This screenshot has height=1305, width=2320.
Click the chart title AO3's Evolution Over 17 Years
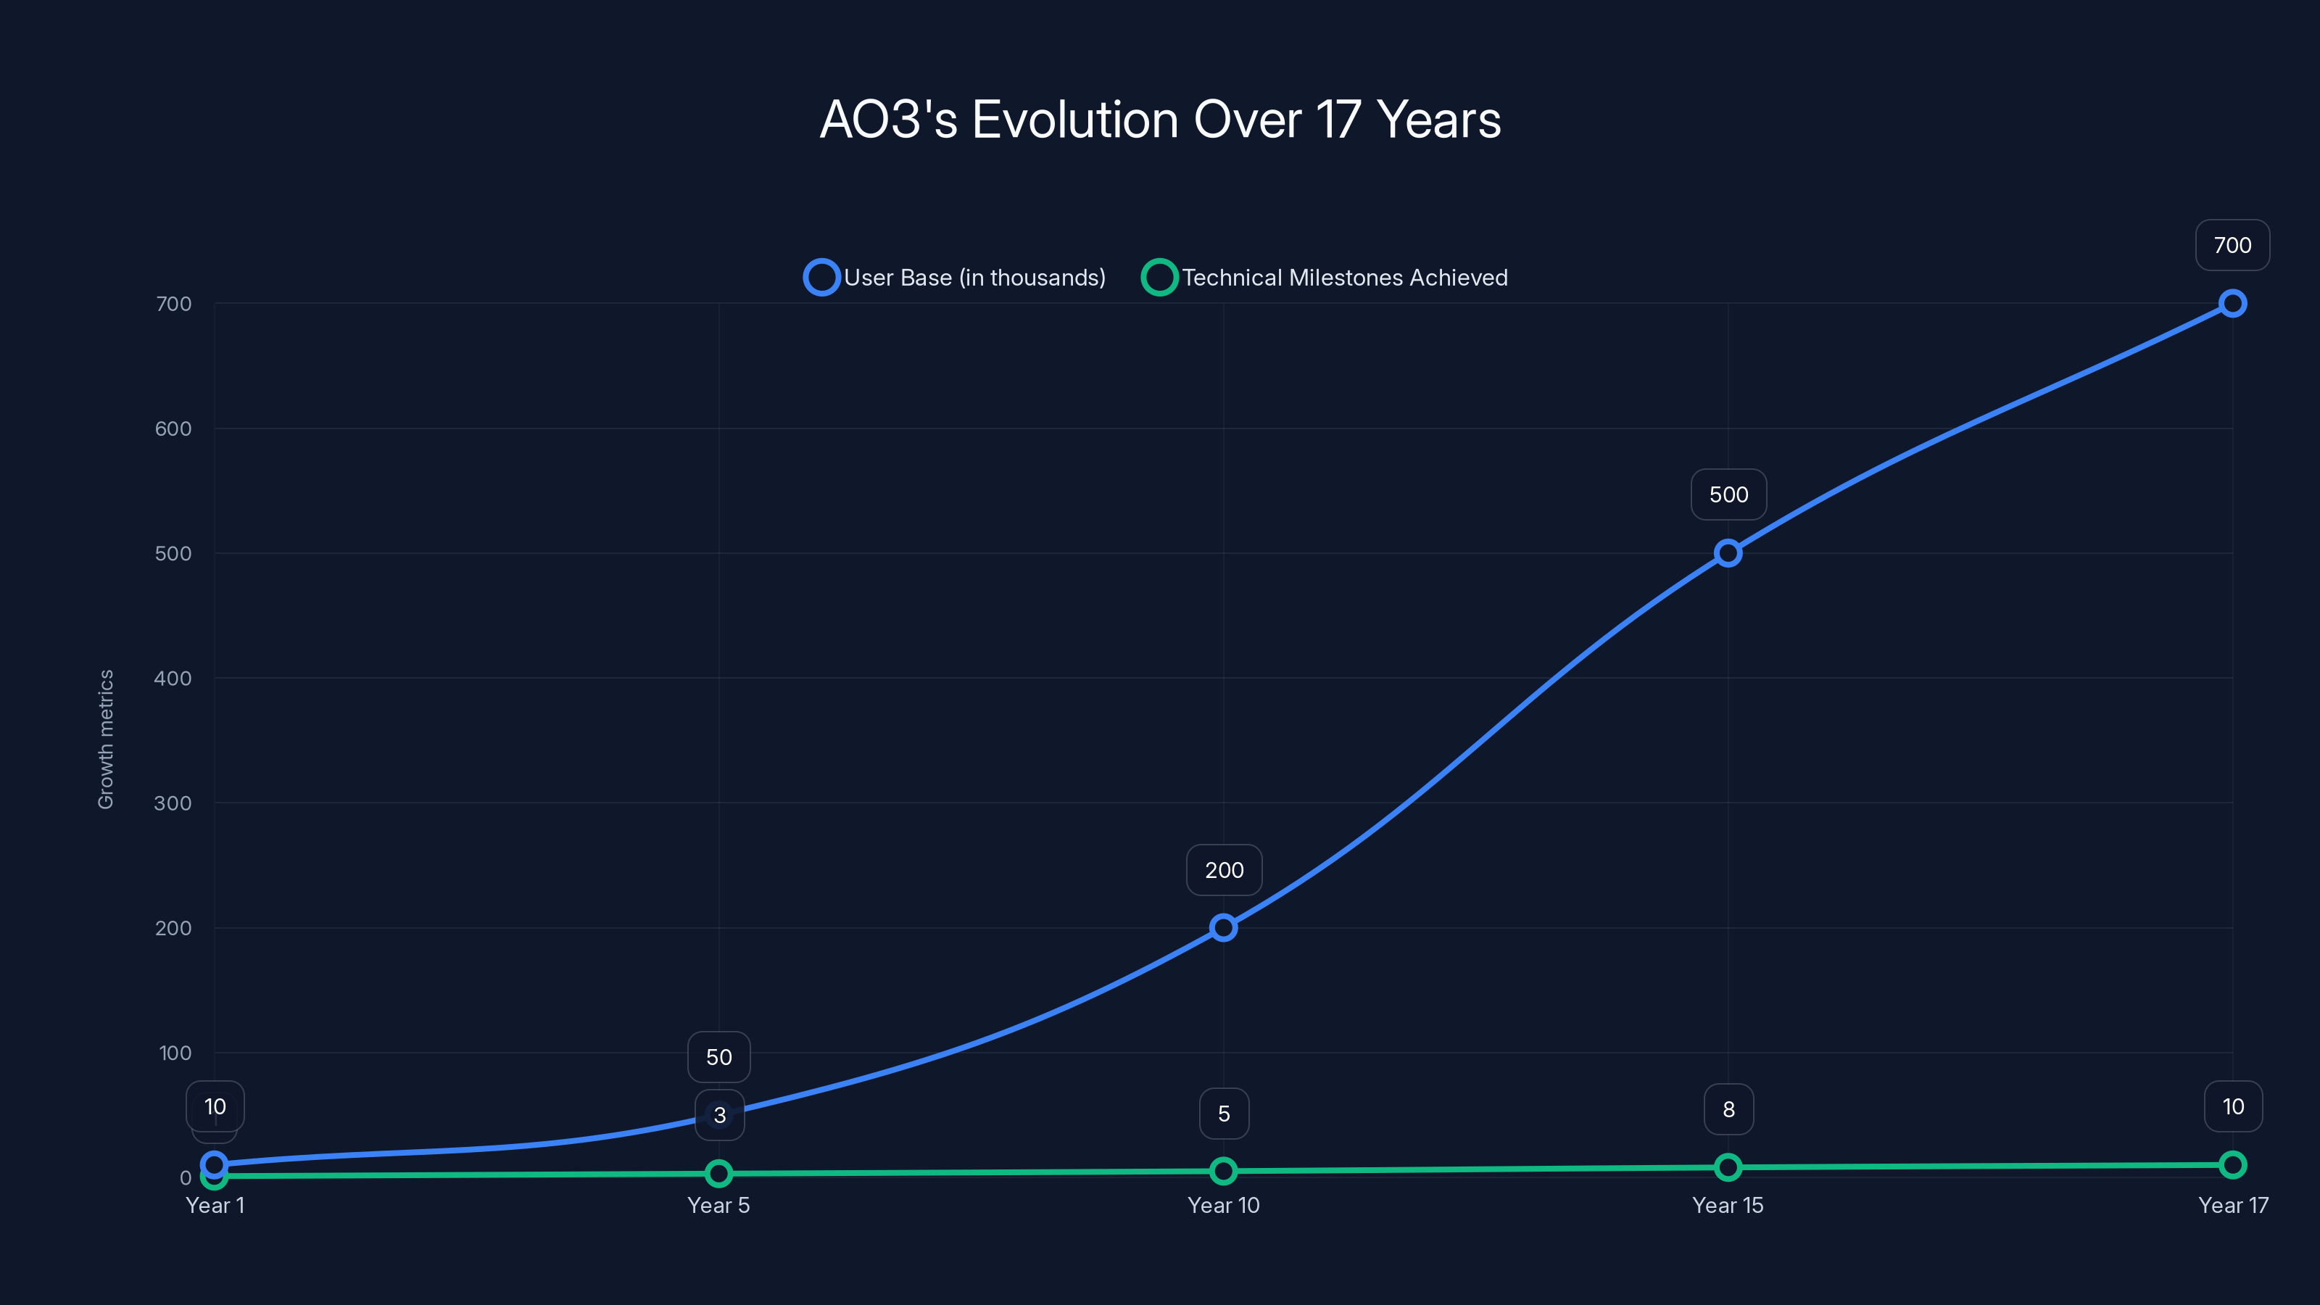click(x=1160, y=120)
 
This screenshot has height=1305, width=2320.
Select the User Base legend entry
click(x=956, y=278)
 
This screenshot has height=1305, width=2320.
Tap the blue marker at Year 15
click(x=1728, y=553)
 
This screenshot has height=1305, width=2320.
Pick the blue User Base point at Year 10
click(x=1223, y=928)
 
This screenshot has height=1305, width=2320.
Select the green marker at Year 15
click(x=1728, y=1167)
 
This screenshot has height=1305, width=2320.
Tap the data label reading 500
click(x=1728, y=494)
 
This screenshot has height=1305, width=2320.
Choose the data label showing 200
click(x=1224, y=870)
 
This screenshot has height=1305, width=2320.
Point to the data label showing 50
click(x=718, y=1056)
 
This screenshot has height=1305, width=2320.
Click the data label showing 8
click(x=1728, y=1109)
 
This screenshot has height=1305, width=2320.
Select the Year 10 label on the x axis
click(x=1223, y=1205)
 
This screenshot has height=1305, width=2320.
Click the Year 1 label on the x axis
click(x=215, y=1205)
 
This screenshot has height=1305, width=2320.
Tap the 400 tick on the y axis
click(x=173, y=678)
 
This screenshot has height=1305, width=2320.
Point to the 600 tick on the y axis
click(x=173, y=428)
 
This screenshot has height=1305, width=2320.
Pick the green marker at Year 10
click(x=1223, y=1171)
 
